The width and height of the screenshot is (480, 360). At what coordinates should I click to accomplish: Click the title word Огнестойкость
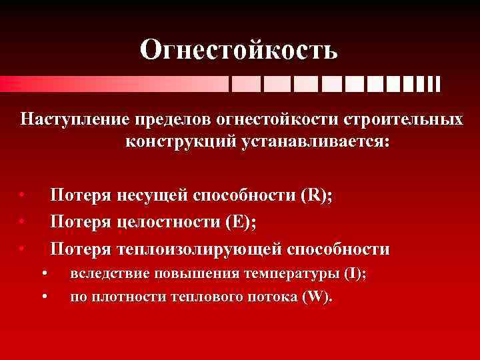pyautogui.click(x=239, y=49)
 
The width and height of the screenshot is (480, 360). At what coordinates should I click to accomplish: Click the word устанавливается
pyautogui.click(x=307, y=142)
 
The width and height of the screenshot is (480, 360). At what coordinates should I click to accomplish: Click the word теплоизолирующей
pyautogui.click(x=199, y=249)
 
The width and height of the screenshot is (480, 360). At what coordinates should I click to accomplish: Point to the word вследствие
pyautogui.click(x=107, y=274)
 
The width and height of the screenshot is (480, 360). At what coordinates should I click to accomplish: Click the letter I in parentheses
pyautogui.click(x=352, y=274)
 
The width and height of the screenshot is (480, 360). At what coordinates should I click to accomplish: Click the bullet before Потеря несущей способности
pyautogui.click(x=22, y=195)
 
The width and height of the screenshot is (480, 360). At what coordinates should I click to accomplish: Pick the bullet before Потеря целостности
pyautogui.click(x=22, y=221)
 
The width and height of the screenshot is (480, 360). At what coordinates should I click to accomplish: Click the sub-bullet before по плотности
pyautogui.click(x=44, y=297)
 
